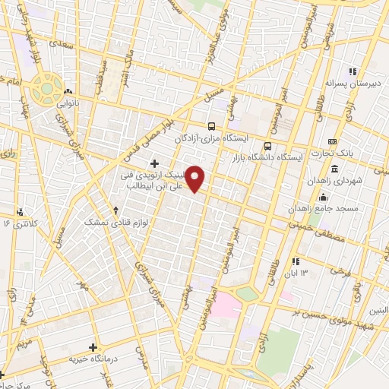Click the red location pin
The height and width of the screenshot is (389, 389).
pos(196,179)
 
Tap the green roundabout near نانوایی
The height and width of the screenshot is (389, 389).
pos(47,88)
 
